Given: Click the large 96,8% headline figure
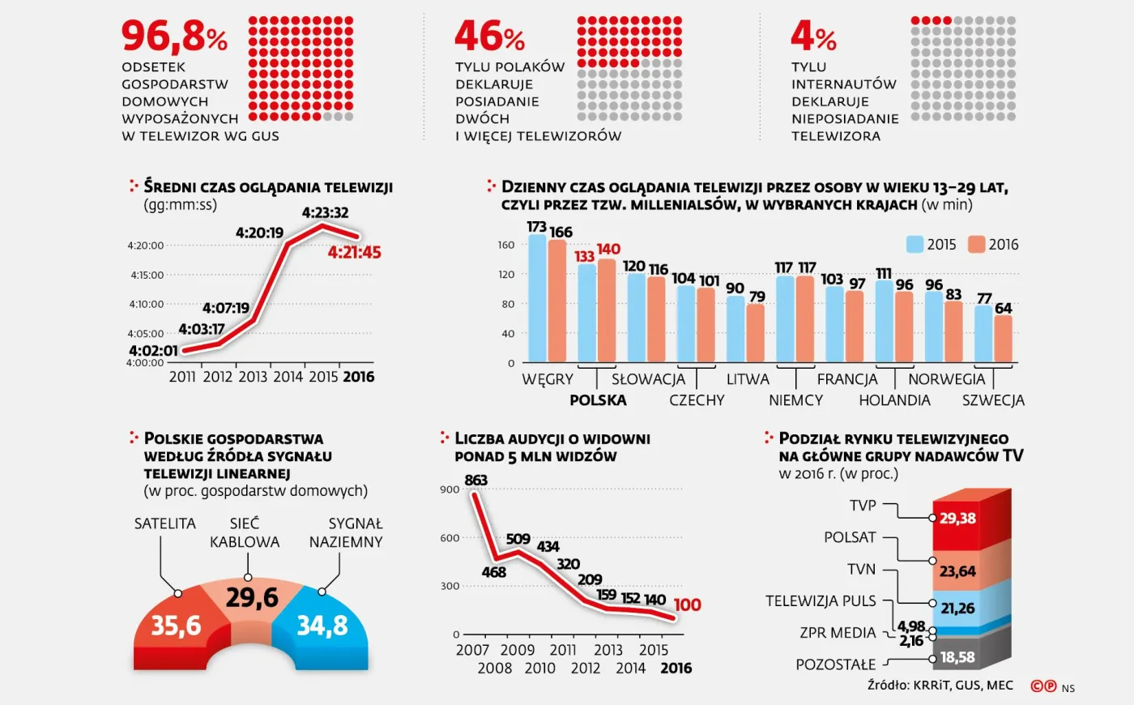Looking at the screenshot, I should point(174,36).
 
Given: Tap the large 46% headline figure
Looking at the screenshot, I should point(489,36).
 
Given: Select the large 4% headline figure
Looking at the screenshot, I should point(813,36).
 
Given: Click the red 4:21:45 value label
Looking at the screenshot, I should point(354,253).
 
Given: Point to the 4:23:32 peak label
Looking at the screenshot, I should point(325,212).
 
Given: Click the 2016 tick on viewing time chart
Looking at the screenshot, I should point(358,377).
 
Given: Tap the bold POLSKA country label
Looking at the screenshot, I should point(598,400).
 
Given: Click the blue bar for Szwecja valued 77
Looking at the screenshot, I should point(983,333).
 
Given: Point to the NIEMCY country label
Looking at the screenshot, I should point(795,400).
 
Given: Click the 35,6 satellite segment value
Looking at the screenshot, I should point(176,626).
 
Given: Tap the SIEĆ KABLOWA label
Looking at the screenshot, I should point(245,532).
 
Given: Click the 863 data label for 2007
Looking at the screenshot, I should point(475,480).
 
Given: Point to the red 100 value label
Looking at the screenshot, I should point(687,605).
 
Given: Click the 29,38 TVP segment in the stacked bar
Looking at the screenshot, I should point(957,519).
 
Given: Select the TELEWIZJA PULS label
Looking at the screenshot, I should point(821,600).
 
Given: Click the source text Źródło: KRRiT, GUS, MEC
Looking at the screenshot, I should point(940,686).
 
